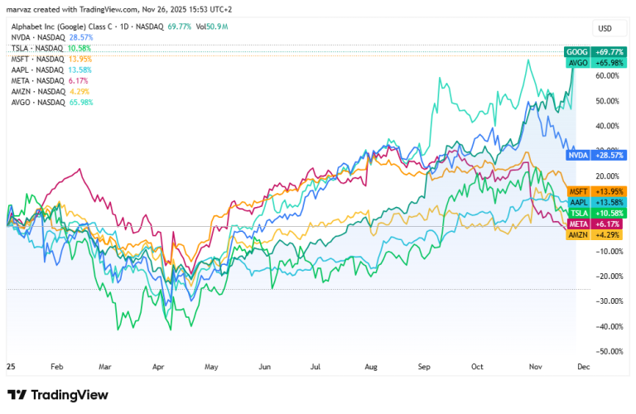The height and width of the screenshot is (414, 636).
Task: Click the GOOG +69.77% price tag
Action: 595,52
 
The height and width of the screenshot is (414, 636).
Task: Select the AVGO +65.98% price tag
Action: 595,63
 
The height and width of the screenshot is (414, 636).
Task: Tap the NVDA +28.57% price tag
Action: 596,156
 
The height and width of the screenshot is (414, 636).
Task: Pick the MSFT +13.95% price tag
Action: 596,191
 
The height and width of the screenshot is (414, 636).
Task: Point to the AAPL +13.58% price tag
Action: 596,202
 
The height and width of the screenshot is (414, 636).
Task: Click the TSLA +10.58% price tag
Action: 596,213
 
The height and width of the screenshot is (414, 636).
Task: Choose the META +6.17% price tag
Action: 596,224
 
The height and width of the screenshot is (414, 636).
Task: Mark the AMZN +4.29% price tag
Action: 596,235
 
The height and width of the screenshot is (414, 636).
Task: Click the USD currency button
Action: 605,28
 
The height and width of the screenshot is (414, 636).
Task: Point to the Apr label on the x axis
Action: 158,367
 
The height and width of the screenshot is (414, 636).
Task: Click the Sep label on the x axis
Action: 424,367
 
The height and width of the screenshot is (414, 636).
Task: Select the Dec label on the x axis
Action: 583,367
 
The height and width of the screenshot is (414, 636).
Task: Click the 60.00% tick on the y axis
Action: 608,76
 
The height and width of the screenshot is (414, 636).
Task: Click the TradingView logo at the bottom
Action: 58,395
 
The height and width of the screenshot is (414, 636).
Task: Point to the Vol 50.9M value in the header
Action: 212,26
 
